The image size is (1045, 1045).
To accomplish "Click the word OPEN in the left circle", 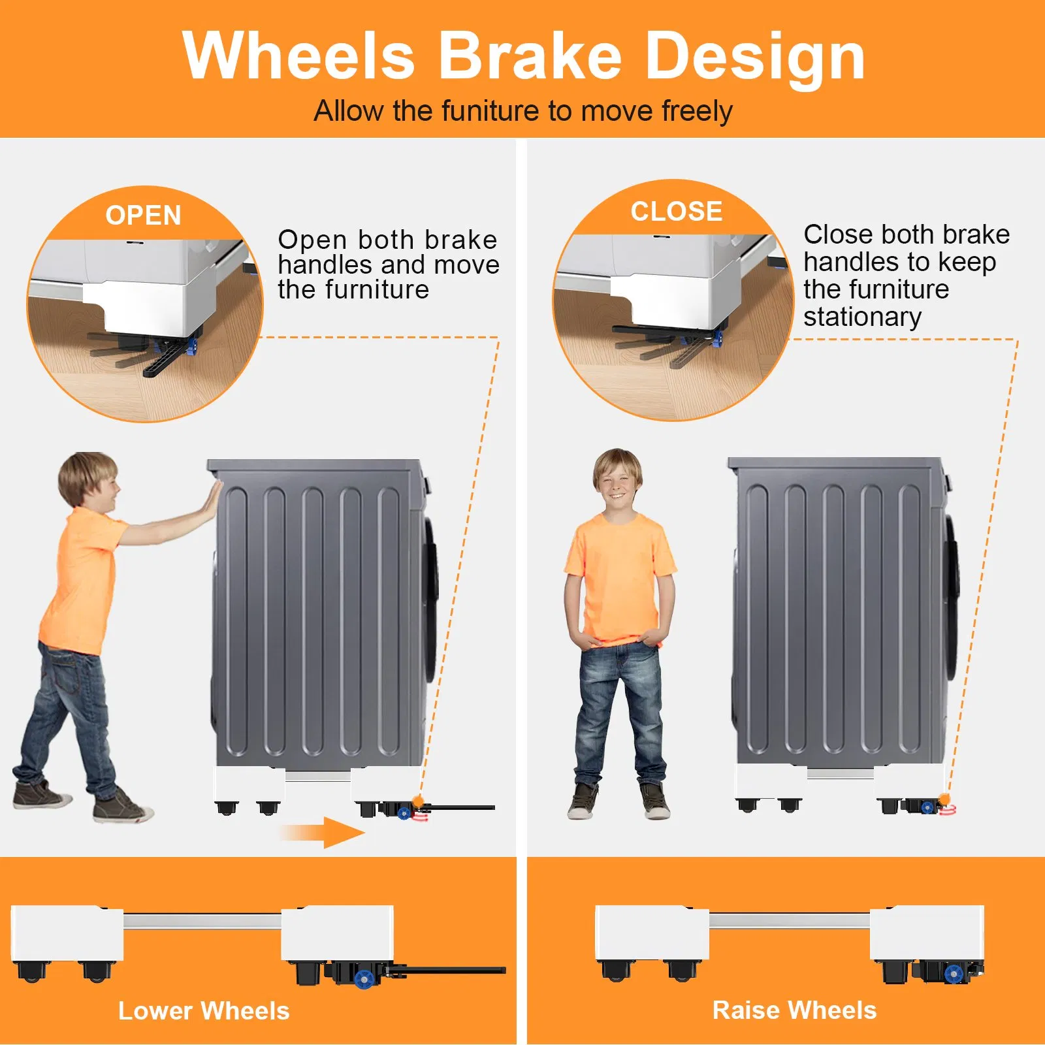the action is click(x=143, y=216).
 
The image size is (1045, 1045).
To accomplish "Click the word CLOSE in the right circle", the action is click(x=677, y=212).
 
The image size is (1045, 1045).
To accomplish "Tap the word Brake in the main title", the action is click(x=529, y=56).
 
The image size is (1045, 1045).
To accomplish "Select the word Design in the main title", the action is click(x=755, y=59).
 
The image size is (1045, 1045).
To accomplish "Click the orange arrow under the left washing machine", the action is click(x=323, y=833).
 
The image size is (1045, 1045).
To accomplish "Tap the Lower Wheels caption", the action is click(x=204, y=1011).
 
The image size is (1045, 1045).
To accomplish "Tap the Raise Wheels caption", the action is click(x=794, y=1010).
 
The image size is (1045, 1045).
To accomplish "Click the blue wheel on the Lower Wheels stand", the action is click(x=364, y=979).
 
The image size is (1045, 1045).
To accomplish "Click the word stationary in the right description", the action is click(x=862, y=317).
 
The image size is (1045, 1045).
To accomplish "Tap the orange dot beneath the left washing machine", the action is click(x=418, y=801).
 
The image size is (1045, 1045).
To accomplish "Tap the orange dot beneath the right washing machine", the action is click(x=944, y=799).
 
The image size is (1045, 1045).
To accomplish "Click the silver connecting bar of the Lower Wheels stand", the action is click(x=202, y=922).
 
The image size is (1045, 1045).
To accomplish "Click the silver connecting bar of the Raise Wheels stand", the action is click(x=790, y=920).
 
